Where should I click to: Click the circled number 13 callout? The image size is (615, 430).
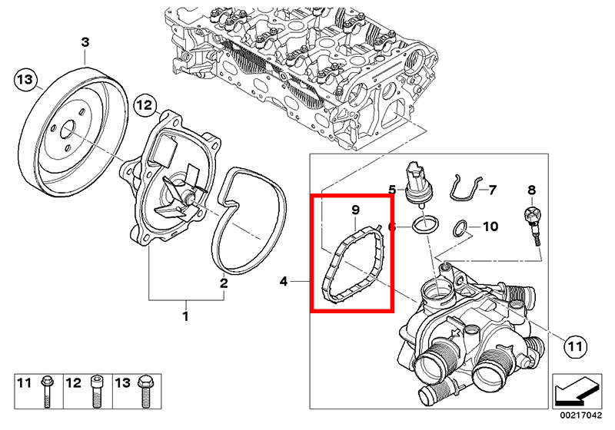tap(25, 80)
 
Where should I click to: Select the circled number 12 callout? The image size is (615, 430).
tap(144, 105)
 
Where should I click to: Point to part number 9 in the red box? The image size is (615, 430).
tap(355, 210)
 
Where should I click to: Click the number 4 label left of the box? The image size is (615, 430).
tap(284, 283)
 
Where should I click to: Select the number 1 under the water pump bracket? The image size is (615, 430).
tap(185, 315)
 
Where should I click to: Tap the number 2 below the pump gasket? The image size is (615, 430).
tap(224, 283)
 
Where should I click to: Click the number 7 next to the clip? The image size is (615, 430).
tap(492, 189)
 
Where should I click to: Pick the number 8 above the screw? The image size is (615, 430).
tap(530, 189)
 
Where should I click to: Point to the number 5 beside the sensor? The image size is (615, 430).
tap(392, 189)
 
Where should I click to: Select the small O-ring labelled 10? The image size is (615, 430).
tap(460, 227)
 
